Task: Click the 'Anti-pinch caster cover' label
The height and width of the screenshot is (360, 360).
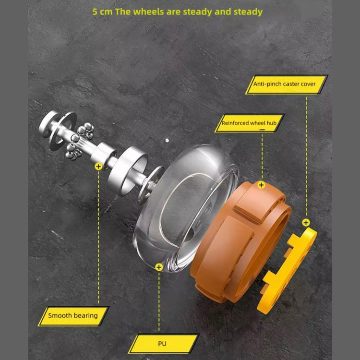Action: pyautogui.click(x=287, y=84)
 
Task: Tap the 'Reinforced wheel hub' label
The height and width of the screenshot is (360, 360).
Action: pyautogui.click(x=249, y=123)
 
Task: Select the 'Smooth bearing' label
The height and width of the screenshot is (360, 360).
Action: pyautogui.click(x=73, y=316)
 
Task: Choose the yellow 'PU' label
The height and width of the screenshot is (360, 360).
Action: pyautogui.click(x=163, y=344)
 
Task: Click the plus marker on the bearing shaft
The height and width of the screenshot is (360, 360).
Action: pyautogui.click(x=98, y=167)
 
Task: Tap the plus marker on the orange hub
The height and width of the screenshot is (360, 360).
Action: pyautogui.click(x=261, y=185)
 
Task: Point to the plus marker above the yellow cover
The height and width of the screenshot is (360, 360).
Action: pyautogui.click(x=306, y=222)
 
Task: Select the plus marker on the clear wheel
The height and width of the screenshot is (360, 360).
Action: pyautogui.click(x=159, y=267)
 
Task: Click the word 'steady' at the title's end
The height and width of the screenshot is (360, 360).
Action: pyautogui.click(x=248, y=12)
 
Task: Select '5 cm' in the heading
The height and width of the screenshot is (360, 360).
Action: pyautogui.click(x=102, y=12)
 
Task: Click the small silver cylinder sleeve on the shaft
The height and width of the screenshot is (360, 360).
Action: pyautogui.click(x=103, y=154)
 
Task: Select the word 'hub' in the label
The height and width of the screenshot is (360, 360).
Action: pyautogui.click(x=271, y=123)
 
